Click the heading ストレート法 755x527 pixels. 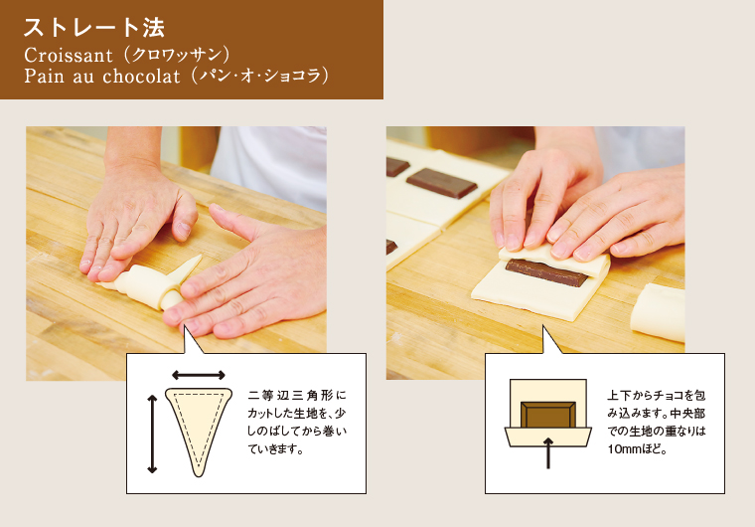[x=94, y=28]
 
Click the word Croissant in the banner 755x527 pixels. [x=69, y=55]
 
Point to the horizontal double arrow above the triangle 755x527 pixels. [x=199, y=375]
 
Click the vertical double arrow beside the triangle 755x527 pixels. [x=152, y=434]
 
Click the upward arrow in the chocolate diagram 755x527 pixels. [x=548, y=453]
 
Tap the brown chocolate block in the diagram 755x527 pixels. [x=548, y=415]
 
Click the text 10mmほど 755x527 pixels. [x=637, y=449]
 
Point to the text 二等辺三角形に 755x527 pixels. [x=297, y=396]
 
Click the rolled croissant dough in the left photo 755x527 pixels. [x=144, y=286]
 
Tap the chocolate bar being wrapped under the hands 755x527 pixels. [x=546, y=272]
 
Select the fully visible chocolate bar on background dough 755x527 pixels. [x=442, y=182]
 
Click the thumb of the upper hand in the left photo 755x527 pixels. [x=181, y=216]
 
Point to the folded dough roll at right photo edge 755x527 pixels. [x=658, y=312]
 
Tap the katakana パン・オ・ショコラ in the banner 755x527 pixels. [x=259, y=77]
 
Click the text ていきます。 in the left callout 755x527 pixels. [x=275, y=449]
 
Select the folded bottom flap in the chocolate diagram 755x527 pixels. [x=548, y=437]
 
